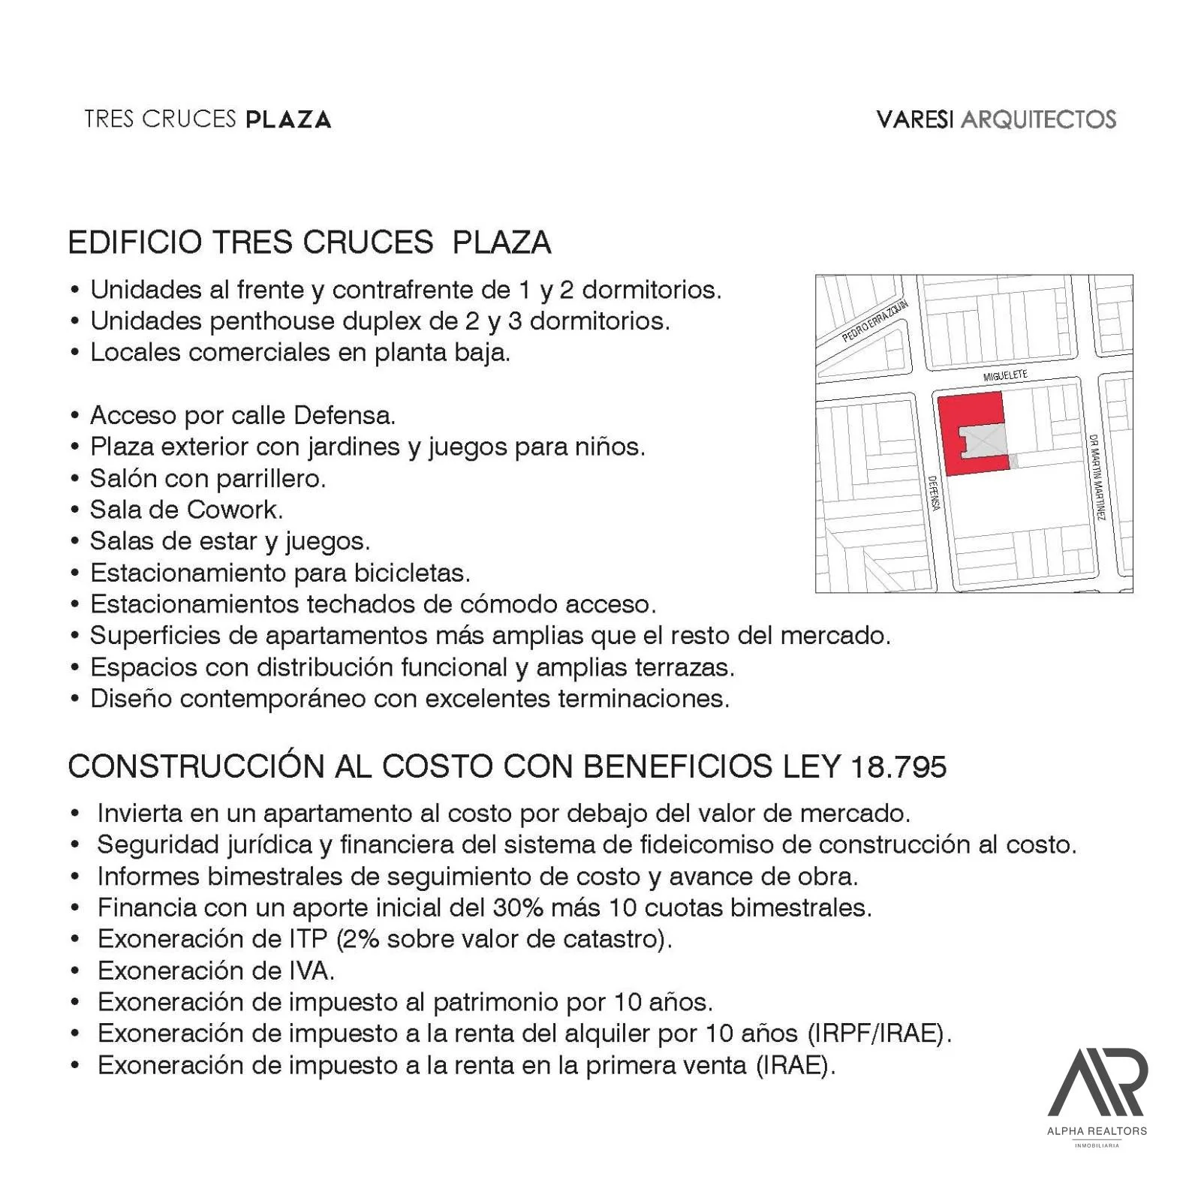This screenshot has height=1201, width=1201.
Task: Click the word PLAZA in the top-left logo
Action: tap(288, 119)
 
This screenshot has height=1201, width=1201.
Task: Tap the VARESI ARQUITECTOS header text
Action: tap(996, 119)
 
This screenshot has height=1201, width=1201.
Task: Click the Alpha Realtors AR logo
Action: tap(1097, 1085)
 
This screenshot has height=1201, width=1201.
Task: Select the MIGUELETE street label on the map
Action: tap(1005, 375)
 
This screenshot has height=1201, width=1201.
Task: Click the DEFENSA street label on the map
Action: tap(934, 493)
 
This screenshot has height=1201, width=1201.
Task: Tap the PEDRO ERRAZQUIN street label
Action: tap(874, 321)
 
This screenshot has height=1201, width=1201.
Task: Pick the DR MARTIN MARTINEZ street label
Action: tap(1097, 477)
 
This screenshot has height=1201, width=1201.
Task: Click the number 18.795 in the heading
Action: tap(898, 767)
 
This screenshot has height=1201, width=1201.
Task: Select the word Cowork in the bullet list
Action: tap(233, 510)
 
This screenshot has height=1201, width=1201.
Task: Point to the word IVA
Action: tap(311, 971)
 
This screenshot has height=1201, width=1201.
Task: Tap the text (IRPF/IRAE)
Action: tap(879, 1034)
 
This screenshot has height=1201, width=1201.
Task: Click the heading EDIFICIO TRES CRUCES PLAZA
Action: tap(309, 242)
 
